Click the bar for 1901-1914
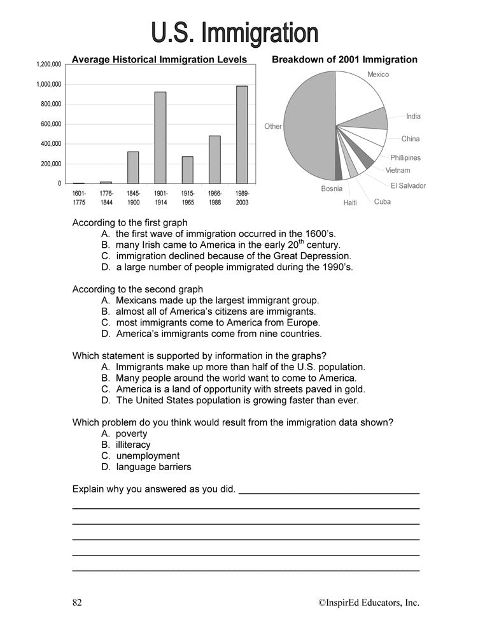(x=160, y=138)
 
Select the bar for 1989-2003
(x=242, y=134)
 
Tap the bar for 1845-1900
(x=133, y=168)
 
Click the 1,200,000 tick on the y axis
(x=48, y=64)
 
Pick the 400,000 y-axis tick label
(x=50, y=144)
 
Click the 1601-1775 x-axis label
(x=79, y=197)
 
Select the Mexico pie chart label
(x=378, y=75)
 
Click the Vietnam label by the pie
(x=398, y=171)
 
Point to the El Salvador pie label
(x=408, y=186)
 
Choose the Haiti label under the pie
(x=350, y=203)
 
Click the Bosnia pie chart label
(x=332, y=189)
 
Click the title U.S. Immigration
(x=234, y=32)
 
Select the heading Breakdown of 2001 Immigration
(x=344, y=60)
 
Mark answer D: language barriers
(x=153, y=467)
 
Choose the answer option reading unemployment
(x=148, y=456)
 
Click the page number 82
(x=77, y=603)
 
